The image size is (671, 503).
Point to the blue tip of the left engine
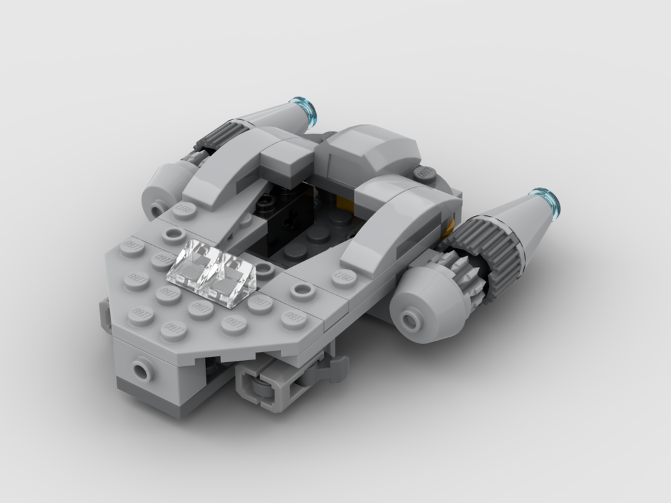[x=306, y=110]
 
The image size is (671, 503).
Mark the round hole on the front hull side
[x=142, y=369]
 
